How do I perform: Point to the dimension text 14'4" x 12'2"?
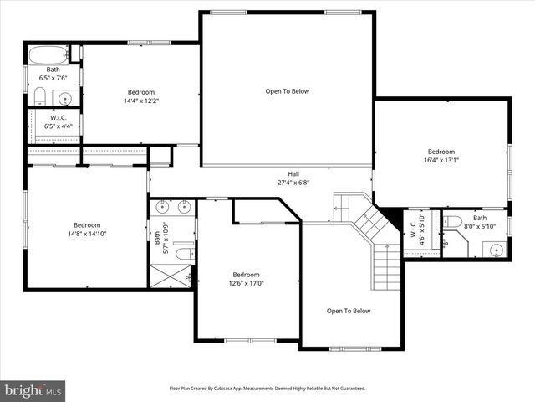140,101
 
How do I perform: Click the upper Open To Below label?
288,91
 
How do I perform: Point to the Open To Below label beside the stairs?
349,311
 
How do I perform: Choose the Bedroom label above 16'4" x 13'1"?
441,152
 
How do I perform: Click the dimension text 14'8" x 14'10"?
88,234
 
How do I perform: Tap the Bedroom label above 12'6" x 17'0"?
246,275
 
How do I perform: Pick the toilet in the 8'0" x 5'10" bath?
453,223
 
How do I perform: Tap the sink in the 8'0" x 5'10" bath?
496,249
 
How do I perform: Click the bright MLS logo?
33,390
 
